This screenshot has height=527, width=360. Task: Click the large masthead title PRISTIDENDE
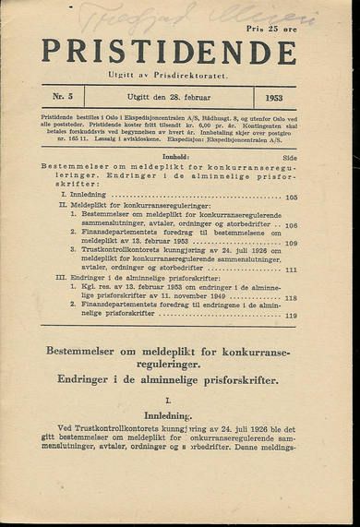coord(168,53)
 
